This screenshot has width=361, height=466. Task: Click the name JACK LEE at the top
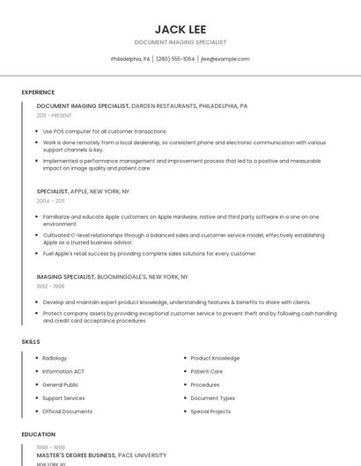click(x=180, y=29)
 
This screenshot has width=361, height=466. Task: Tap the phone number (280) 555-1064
click(x=175, y=59)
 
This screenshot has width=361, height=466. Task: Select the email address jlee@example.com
click(x=225, y=59)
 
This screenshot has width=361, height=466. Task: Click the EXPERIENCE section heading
click(x=38, y=92)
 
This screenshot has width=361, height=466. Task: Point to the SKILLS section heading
click(x=31, y=341)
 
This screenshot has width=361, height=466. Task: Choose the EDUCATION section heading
click(x=38, y=434)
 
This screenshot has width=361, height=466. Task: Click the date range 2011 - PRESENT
click(x=55, y=115)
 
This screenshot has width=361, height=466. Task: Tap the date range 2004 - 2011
click(x=50, y=200)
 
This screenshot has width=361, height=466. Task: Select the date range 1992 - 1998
click(x=50, y=286)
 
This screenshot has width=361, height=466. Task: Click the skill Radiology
click(x=55, y=358)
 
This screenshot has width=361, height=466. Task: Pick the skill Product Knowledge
click(x=215, y=358)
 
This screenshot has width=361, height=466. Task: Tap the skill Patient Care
click(x=207, y=371)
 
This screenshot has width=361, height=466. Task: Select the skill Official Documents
click(x=67, y=411)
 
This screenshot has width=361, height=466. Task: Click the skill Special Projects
click(x=210, y=411)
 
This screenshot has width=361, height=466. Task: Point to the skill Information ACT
click(x=63, y=371)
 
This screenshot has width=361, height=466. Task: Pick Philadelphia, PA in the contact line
click(x=130, y=59)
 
